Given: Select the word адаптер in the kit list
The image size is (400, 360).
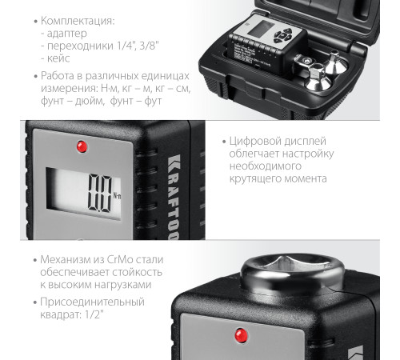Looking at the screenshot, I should (66, 34).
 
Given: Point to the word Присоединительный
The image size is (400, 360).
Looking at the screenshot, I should (89, 302).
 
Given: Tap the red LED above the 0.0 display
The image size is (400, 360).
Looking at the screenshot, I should (79, 146).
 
